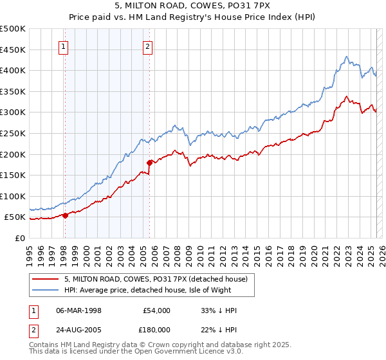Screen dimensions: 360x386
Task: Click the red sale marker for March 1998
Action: [65, 215]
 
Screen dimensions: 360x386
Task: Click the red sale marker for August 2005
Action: [149, 163]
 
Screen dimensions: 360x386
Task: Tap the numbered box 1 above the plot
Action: [64, 46]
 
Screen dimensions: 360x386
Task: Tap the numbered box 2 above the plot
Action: [148, 46]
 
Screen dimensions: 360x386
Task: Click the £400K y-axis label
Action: [13, 70]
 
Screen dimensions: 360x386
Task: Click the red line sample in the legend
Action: [45, 278]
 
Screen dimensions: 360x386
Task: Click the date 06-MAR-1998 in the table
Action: [79, 310]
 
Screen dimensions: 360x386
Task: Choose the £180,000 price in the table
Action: [156, 329]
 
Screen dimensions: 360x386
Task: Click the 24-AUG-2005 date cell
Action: [79, 329]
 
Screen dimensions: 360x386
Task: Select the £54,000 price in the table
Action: [156, 310]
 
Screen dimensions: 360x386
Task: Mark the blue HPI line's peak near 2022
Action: [346, 57]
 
